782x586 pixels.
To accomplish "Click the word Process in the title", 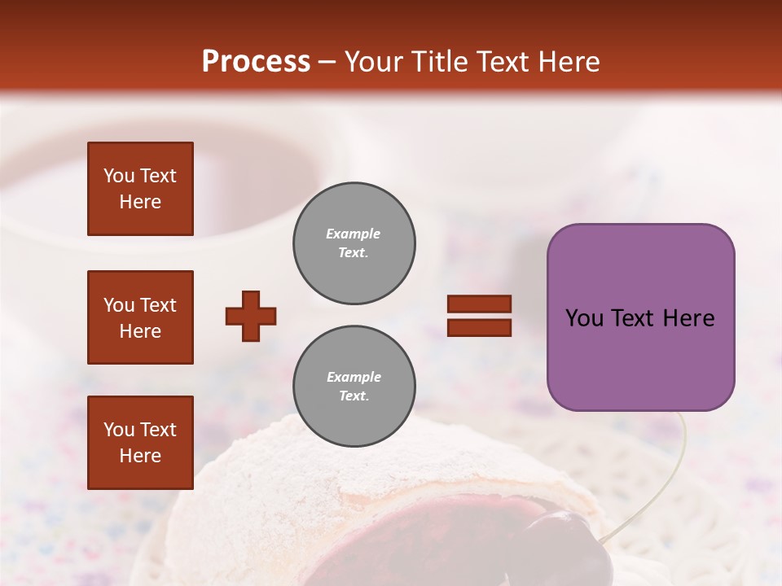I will click(x=256, y=62).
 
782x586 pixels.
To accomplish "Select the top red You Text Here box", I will click(x=140, y=189).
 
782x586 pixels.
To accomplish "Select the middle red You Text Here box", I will click(x=140, y=317).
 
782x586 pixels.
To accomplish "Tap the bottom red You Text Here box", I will click(x=140, y=443).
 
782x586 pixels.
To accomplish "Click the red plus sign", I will click(x=251, y=316).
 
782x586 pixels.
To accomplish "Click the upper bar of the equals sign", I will click(x=479, y=304).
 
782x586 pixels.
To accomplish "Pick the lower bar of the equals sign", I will click(x=479, y=327).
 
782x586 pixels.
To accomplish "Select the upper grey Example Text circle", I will click(x=354, y=243).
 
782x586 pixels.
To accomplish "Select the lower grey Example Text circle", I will click(x=354, y=387).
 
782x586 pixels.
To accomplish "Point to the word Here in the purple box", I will click(x=689, y=318).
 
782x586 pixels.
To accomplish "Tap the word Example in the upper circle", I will click(x=354, y=234).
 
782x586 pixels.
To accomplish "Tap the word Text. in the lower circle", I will click(x=354, y=396).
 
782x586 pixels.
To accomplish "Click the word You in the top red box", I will click(x=119, y=176).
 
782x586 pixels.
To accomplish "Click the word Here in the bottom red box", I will click(x=140, y=456).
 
